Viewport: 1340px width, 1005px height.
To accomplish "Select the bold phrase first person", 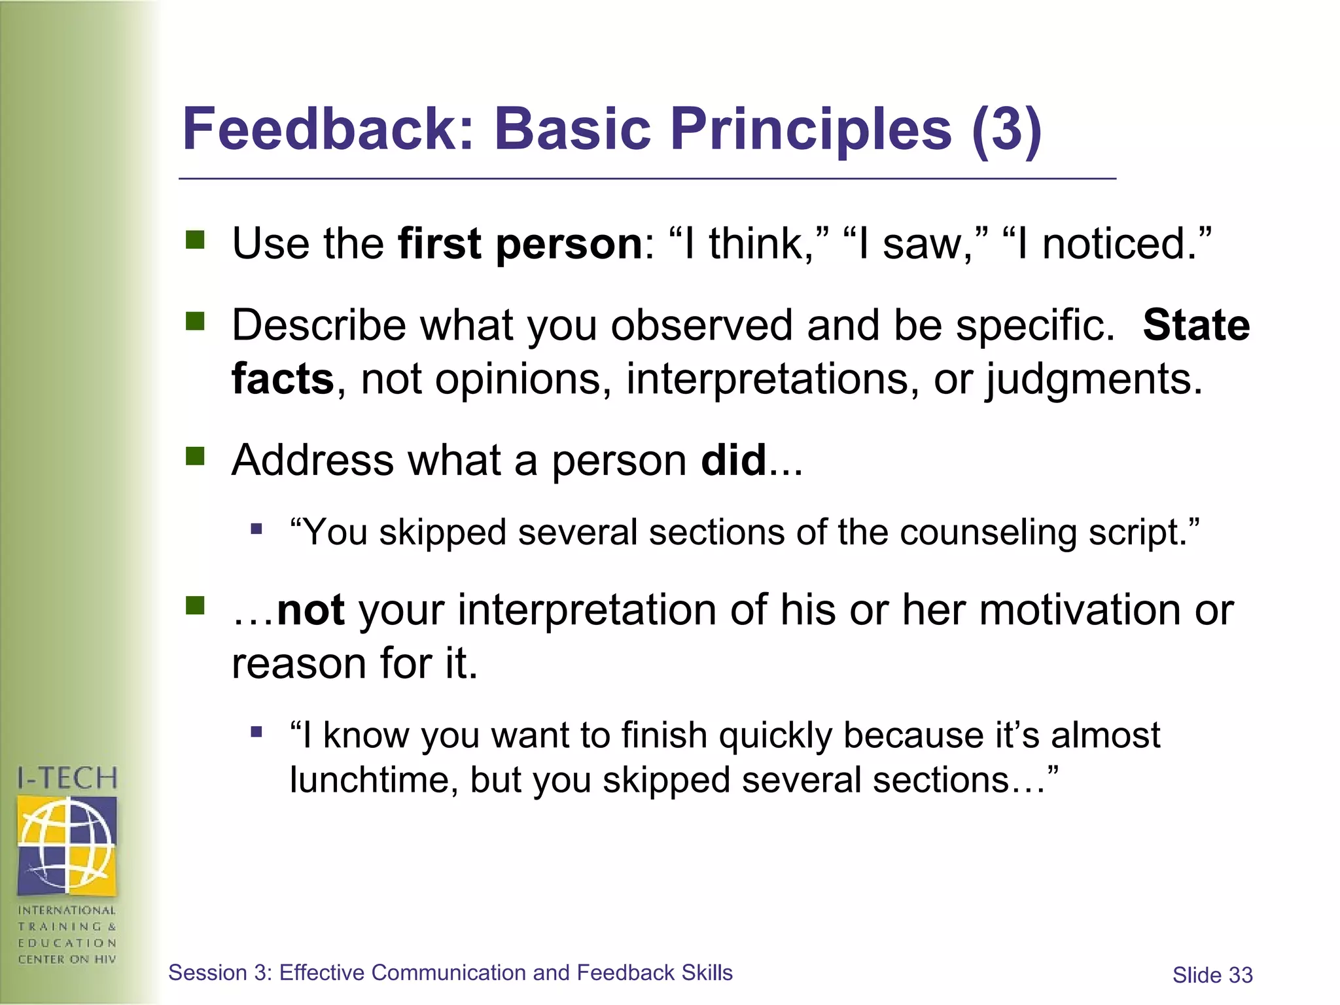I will (520, 243).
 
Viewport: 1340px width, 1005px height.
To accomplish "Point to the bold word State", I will (1196, 325).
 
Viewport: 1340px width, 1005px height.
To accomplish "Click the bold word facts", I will (283, 379).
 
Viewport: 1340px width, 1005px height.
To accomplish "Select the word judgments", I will (1094, 379).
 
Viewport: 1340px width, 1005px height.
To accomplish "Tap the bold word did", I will (733, 460).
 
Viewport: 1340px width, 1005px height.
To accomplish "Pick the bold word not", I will (310, 610).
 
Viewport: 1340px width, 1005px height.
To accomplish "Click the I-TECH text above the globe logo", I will (67, 779).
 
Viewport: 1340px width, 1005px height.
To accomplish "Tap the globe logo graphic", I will (67, 845).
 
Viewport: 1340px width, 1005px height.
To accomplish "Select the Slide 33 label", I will (1212, 975).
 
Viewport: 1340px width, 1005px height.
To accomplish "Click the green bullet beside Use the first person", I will (195, 240).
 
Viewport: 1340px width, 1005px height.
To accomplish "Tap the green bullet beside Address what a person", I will (195, 456).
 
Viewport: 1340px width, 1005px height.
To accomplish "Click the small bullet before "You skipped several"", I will (256, 529).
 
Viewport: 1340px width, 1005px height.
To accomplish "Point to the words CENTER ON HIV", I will (67, 959).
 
